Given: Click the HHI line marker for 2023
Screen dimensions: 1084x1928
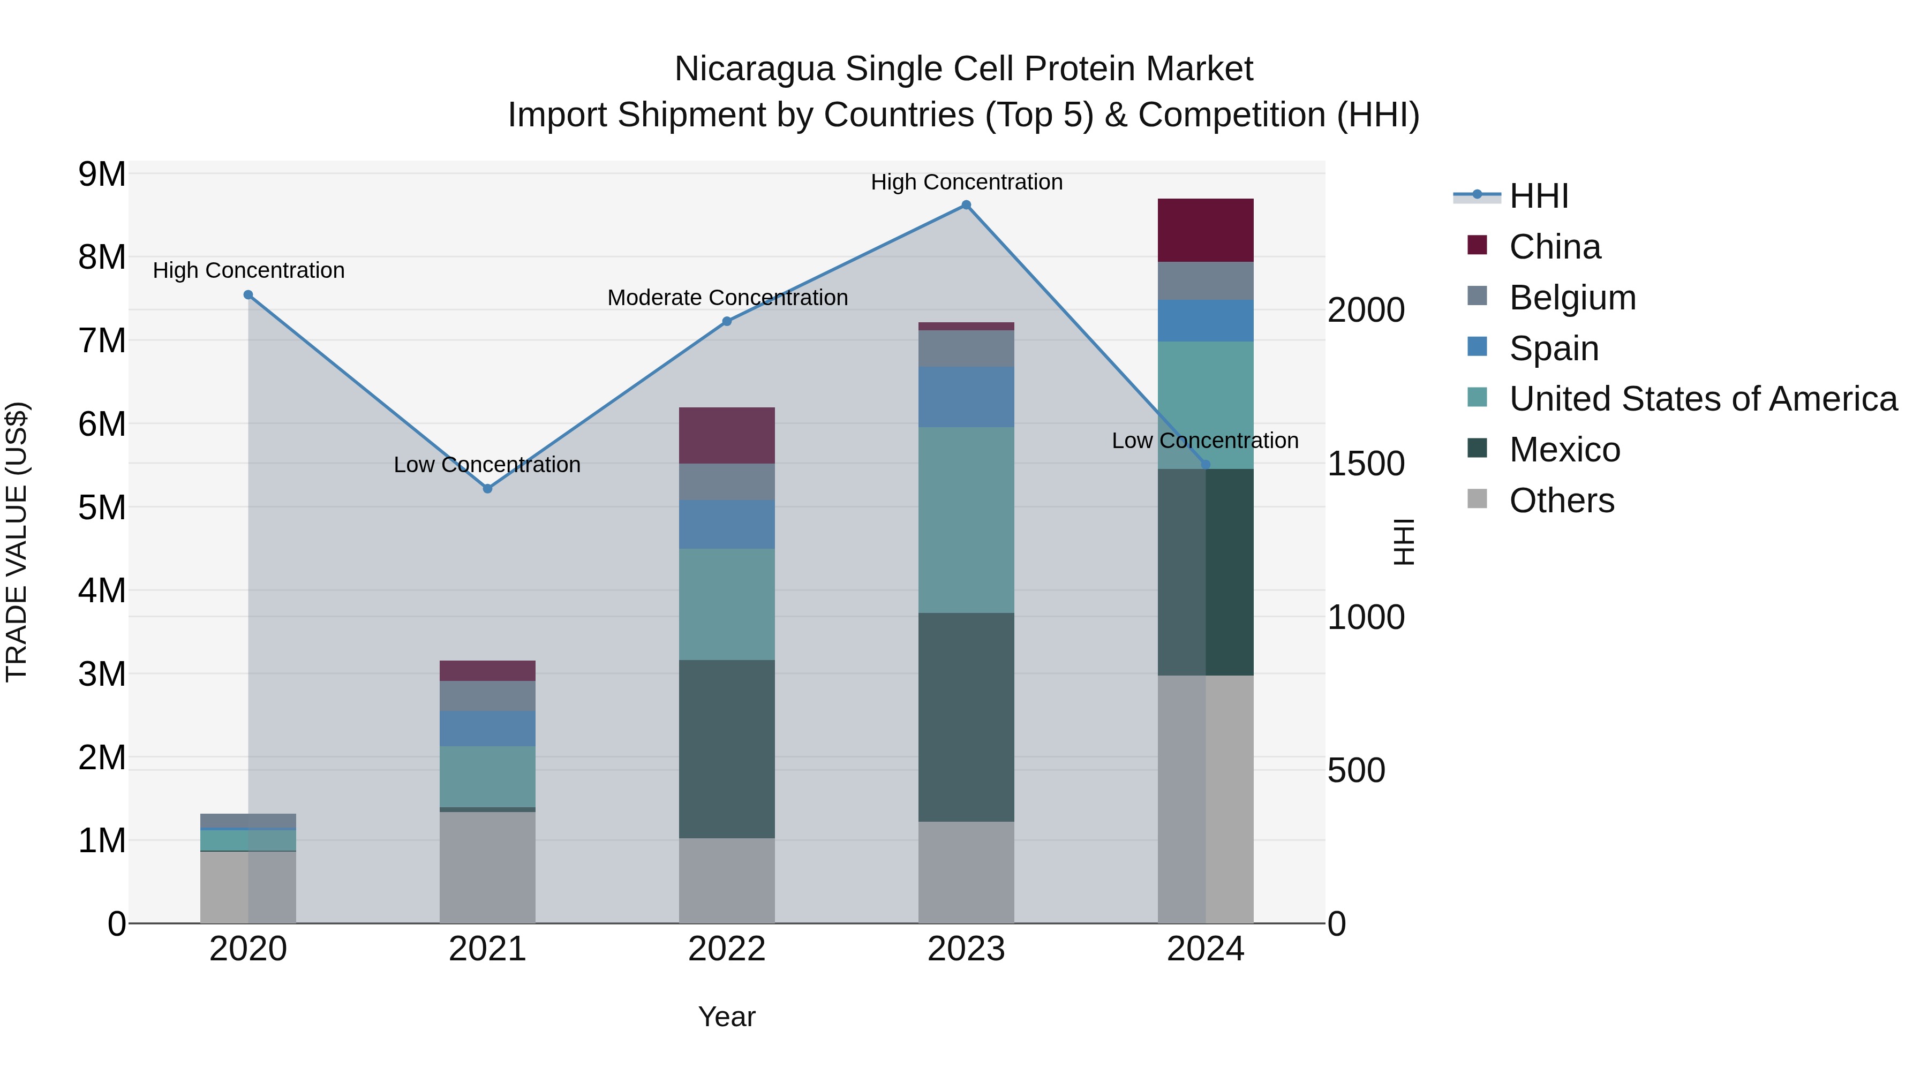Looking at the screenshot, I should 966,205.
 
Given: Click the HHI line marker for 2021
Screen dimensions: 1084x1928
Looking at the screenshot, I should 487,489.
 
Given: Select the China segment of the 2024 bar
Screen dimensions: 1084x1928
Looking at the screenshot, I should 1205,230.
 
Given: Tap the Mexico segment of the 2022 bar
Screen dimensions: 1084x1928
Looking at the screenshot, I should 726,749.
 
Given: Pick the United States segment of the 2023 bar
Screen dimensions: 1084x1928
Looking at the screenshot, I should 966,520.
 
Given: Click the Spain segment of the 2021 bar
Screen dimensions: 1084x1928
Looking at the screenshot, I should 487,729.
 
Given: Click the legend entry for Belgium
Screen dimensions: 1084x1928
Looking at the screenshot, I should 1572,298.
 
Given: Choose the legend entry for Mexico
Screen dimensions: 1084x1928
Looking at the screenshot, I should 1564,450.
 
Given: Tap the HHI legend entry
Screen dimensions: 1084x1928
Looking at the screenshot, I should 1538,196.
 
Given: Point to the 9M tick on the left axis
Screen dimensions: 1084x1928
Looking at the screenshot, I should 102,175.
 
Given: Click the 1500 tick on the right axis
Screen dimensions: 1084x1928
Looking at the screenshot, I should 1365,464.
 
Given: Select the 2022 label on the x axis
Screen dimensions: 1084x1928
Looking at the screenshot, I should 726,949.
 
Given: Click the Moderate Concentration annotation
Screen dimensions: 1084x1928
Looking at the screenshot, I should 727,298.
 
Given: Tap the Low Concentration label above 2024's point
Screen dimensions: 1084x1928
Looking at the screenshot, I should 1204,441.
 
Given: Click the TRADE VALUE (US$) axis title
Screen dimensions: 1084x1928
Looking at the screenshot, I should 17,542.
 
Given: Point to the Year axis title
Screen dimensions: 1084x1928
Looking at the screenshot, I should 726,1017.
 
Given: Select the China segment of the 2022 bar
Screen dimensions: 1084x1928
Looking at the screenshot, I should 726,435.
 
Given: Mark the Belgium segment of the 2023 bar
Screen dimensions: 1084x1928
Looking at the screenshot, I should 966,348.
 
